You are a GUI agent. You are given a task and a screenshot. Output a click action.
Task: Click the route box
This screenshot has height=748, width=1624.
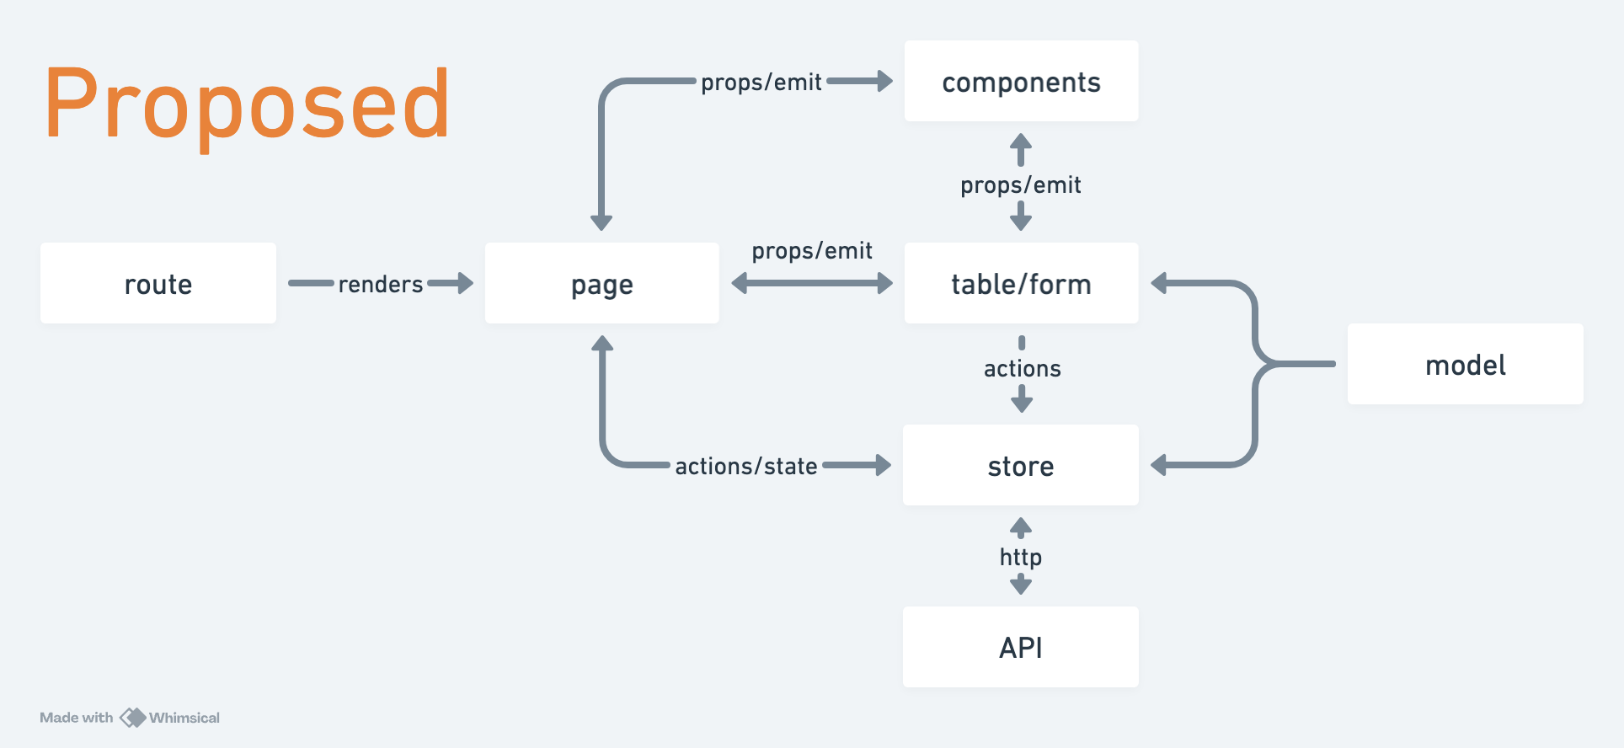[x=158, y=283]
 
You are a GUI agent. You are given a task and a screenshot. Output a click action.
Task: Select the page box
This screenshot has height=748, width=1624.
[x=602, y=283]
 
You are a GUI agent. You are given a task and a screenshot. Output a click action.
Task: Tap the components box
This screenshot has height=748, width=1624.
[x=1021, y=81]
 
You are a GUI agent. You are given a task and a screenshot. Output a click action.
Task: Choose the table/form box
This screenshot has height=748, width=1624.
[x=1021, y=283]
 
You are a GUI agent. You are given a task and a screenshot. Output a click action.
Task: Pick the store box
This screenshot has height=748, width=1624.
[x=1021, y=465]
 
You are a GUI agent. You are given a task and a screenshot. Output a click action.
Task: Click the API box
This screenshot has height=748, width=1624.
[x=1021, y=647]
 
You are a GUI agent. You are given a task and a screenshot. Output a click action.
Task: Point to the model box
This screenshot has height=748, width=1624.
[x=1466, y=364]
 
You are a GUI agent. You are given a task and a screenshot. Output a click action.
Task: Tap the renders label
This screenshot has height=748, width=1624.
[x=381, y=285]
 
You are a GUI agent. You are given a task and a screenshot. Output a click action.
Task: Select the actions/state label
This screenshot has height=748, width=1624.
[x=746, y=467]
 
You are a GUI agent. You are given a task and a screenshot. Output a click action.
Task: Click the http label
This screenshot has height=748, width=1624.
[x=1021, y=558]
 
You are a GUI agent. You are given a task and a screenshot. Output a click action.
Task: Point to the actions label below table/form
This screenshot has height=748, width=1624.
[x=1023, y=369]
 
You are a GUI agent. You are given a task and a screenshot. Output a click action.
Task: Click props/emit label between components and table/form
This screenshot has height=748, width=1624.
[x=1021, y=185]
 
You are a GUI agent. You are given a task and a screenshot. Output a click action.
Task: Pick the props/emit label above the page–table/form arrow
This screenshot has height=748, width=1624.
[x=812, y=251]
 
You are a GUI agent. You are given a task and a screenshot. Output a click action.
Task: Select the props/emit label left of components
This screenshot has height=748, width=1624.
[x=761, y=83]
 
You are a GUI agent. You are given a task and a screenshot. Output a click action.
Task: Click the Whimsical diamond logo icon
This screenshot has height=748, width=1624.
[x=133, y=718]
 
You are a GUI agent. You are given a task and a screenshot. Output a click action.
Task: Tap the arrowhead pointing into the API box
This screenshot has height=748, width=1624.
[x=1021, y=585]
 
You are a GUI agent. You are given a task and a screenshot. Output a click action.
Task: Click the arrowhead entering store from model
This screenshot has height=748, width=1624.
[x=1160, y=465]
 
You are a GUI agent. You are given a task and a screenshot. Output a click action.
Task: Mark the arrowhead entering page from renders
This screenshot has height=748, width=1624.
[x=465, y=283]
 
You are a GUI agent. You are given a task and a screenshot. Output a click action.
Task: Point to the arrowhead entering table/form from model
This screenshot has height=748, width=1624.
[x=1160, y=283]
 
